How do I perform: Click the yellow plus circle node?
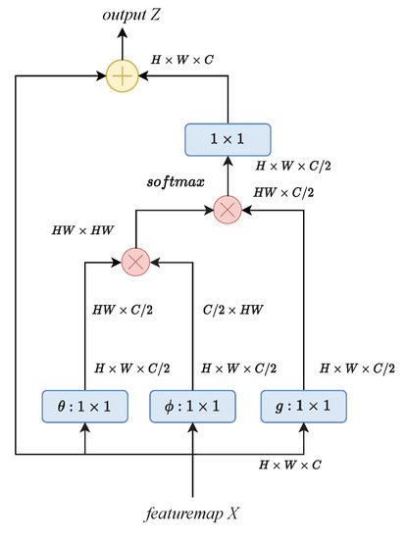tap(122, 74)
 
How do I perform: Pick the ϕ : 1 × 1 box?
tap(192, 404)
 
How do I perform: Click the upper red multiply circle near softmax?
tap(227, 209)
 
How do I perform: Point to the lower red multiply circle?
tap(134, 262)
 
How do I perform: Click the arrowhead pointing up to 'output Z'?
tap(122, 33)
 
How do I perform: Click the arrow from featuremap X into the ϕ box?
tap(192, 461)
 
